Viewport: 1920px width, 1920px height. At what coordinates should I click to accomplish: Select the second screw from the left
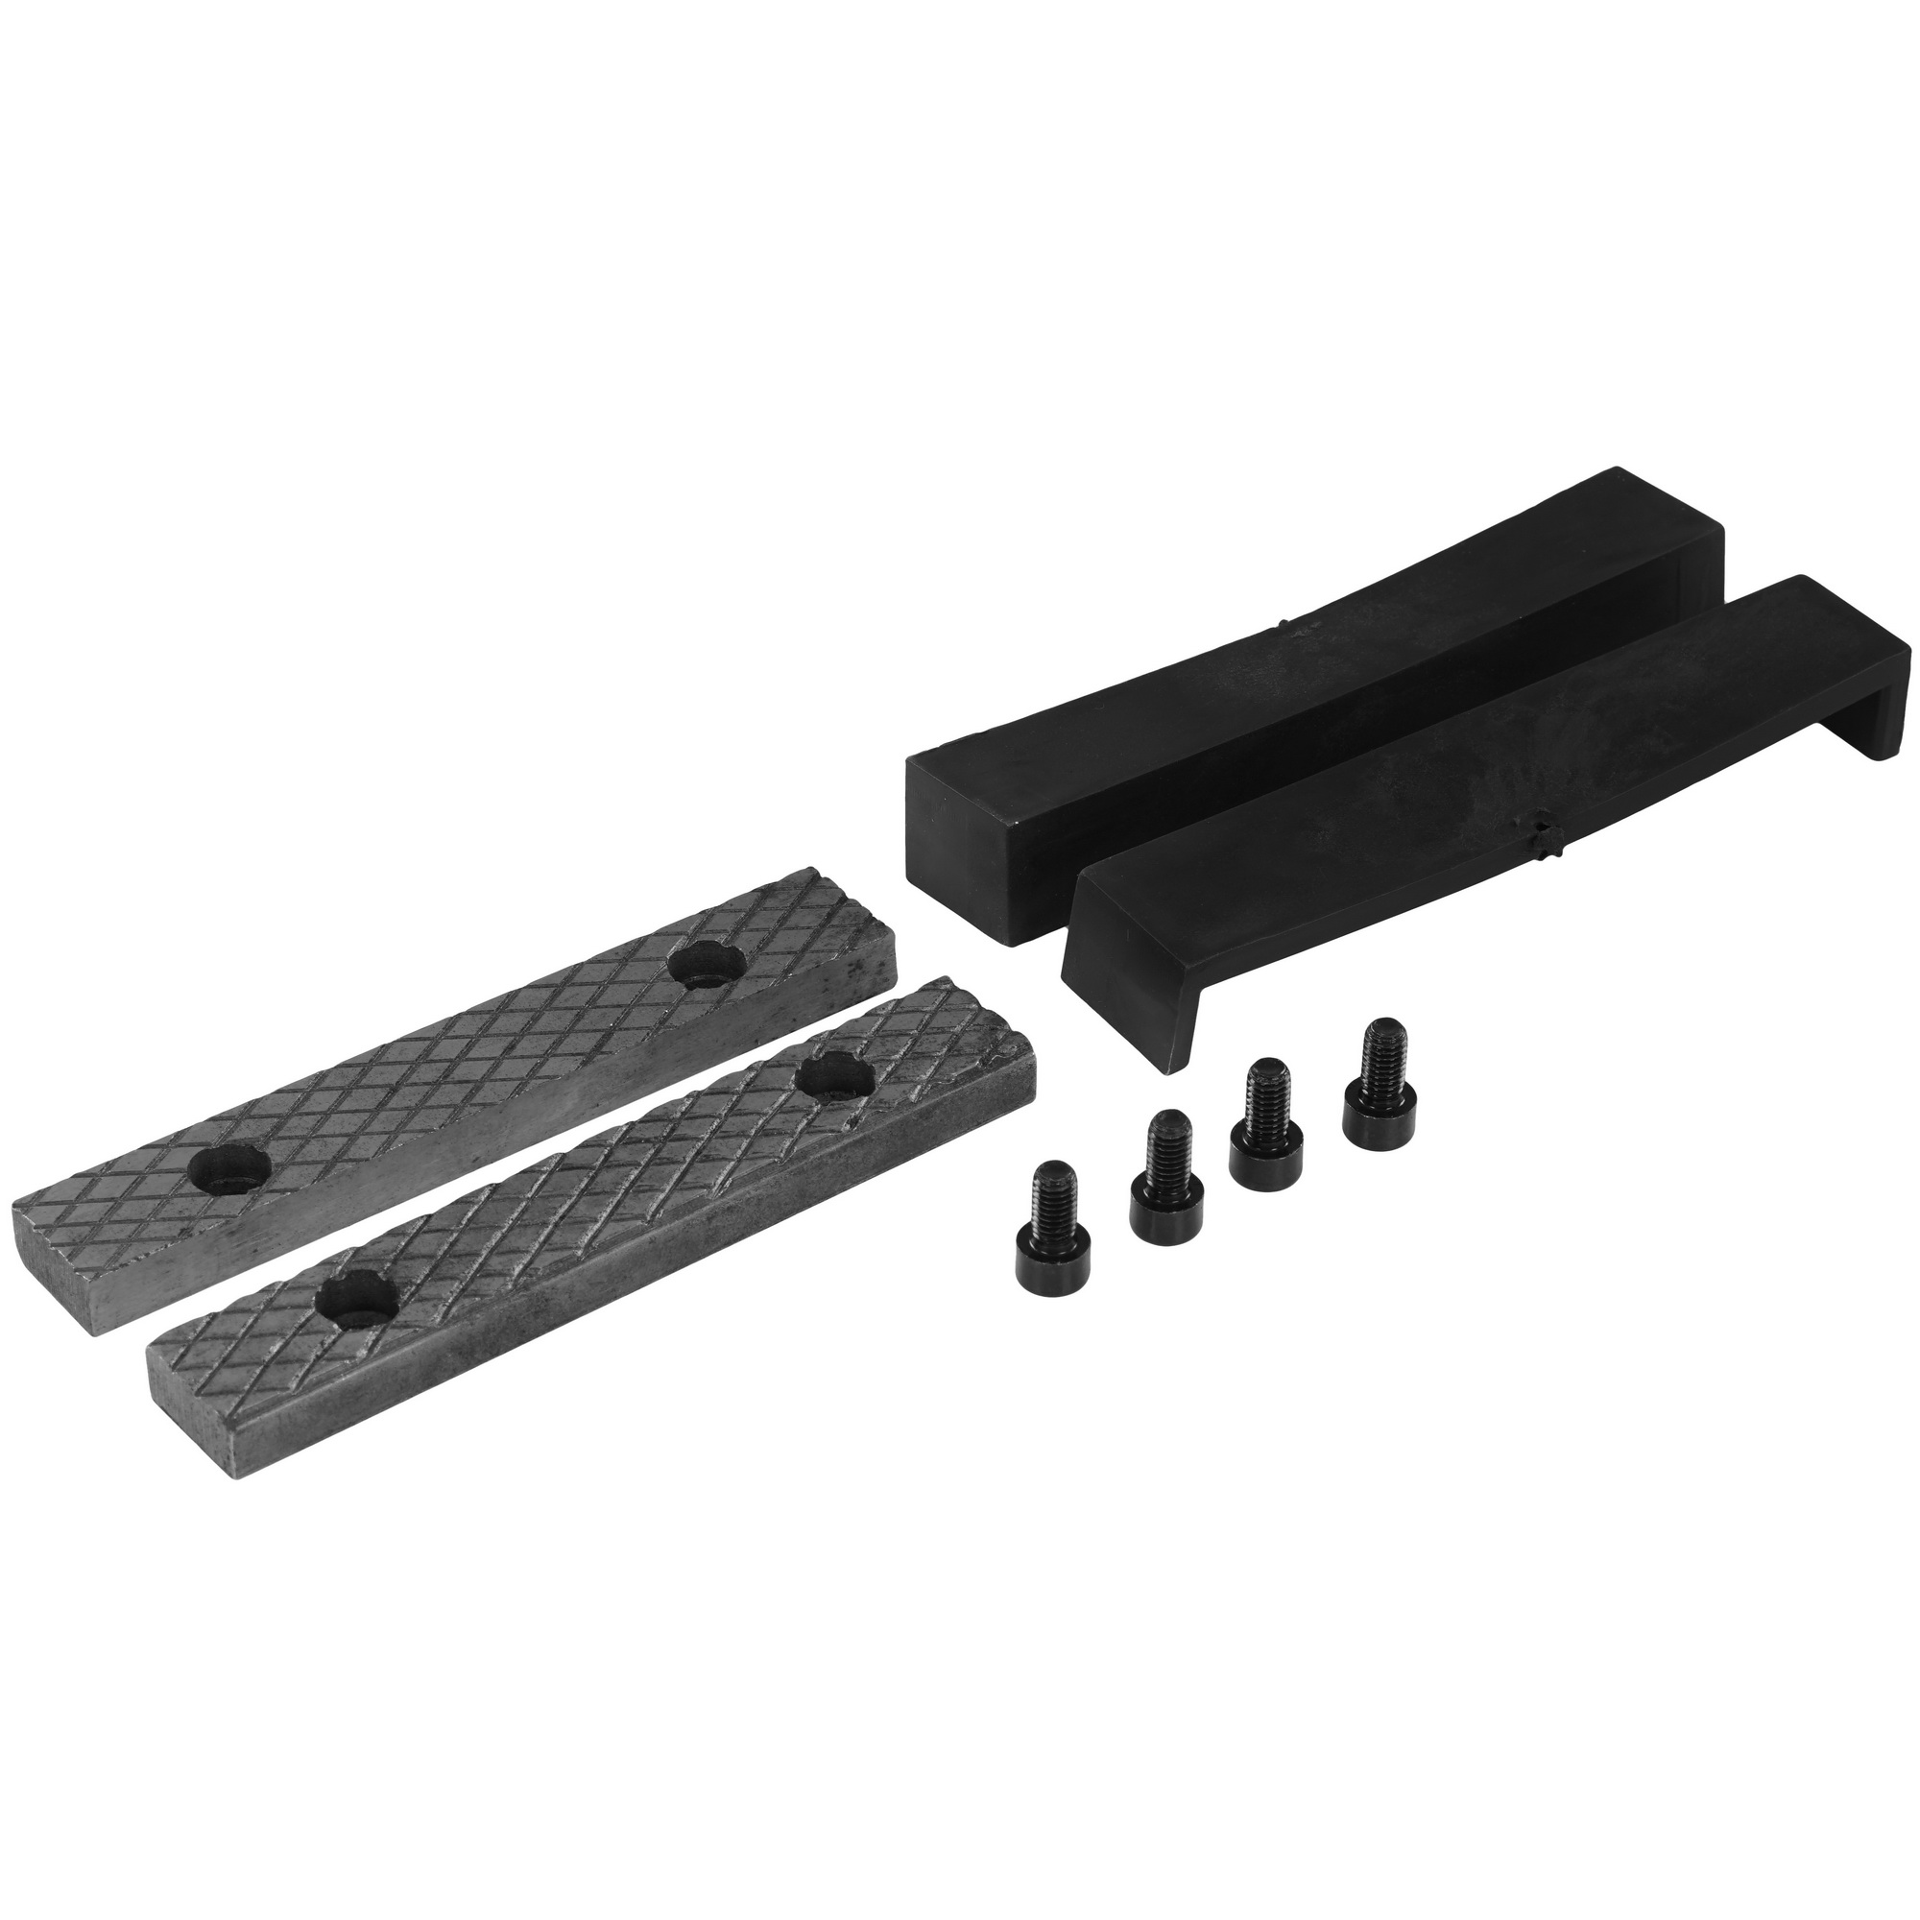pyautogui.click(x=1164, y=1177)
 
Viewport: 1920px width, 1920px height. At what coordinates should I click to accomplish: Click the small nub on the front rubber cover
pyautogui.click(x=1544, y=826)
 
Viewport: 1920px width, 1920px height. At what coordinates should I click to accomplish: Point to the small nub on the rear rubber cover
pyautogui.click(x=1282, y=624)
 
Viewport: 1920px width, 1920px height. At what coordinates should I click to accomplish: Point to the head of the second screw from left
pyautogui.click(x=1164, y=1206)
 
